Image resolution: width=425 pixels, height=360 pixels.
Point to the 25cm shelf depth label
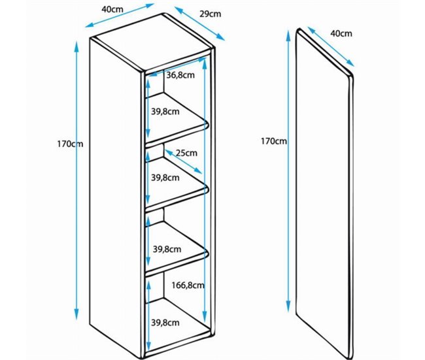click(187, 153)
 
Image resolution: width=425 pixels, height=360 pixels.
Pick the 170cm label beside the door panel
click(273, 141)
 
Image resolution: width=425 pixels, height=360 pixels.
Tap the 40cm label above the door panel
click(341, 33)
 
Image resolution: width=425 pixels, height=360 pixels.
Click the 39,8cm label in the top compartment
click(165, 112)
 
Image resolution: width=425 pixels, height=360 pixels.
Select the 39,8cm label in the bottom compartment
click(165, 322)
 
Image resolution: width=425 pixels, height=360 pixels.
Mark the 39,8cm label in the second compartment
click(165, 177)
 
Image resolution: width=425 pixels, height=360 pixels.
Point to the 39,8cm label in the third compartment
click(165, 249)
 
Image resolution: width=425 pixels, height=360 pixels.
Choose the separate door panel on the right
click(324, 196)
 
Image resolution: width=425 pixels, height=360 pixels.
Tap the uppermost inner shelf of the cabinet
click(177, 129)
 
